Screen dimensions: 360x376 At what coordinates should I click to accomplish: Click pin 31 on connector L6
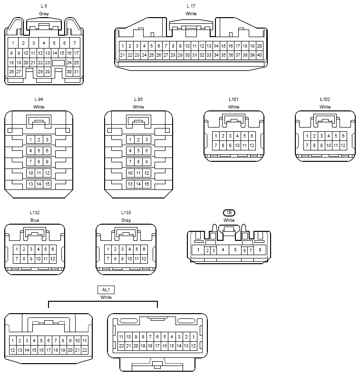click(x=76, y=72)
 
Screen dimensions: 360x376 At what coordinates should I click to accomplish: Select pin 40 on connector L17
click(x=259, y=55)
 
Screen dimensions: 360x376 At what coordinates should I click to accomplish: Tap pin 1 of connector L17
click(x=123, y=46)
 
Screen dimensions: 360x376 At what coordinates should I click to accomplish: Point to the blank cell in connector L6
click(x=58, y=63)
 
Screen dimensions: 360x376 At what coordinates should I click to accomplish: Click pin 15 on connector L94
click(x=47, y=184)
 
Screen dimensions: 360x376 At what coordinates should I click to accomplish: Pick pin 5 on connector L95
click(x=138, y=151)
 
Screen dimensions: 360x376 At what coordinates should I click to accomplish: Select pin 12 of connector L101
click(x=252, y=145)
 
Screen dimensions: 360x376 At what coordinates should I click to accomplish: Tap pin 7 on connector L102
click(x=307, y=145)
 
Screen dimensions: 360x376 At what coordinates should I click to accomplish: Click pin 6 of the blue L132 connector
click(x=53, y=249)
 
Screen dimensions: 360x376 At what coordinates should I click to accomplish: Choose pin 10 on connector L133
click(x=129, y=259)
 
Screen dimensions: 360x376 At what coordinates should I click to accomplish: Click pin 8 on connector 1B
click(x=260, y=250)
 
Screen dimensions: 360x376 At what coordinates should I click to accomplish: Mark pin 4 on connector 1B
click(x=223, y=250)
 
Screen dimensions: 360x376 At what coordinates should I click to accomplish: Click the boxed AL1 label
click(x=106, y=290)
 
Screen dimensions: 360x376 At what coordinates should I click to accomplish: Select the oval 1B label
click(x=229, y=213)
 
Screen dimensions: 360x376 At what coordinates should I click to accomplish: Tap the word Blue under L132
click(x=35, y=220)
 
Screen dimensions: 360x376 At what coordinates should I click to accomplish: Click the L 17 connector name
click(x=191, y=6)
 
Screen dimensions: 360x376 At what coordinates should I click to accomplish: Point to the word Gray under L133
click(x=126, y=220)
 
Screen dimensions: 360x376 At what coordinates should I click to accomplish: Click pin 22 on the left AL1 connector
click(x=85, y=350)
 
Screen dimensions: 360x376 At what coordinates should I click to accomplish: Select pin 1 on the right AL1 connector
click(x=194, y=336)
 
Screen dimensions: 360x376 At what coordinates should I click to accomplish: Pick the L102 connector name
click(x=325, y=99)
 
